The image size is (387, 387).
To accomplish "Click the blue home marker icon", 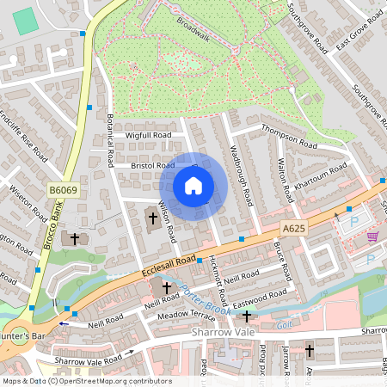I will [193, 186].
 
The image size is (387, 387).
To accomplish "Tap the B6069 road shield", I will [62, 190].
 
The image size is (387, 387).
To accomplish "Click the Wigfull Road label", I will [126, 135].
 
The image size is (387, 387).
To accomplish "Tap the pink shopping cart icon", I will [372, 236].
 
